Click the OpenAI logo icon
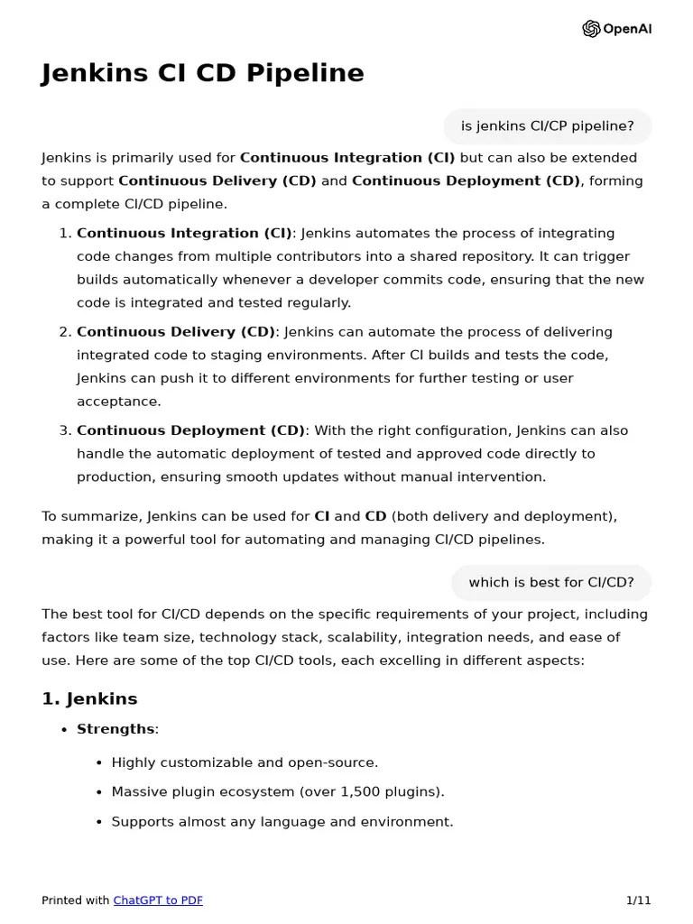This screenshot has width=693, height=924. coord(591,29)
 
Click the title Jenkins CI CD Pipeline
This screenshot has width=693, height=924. coord(203,73)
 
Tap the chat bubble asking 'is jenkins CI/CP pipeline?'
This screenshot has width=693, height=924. coord(547,126)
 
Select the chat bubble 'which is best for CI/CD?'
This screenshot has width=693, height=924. coord(550,583)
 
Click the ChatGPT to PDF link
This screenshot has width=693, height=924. coord(158,901)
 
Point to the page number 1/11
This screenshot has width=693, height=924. coord(638,901)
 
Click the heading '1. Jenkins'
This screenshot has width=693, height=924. coord(89,698)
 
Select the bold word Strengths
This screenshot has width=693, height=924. coord(115,729)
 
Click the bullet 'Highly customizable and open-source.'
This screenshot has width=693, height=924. coord(245,762)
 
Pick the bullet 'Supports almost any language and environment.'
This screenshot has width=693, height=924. coord(282,822)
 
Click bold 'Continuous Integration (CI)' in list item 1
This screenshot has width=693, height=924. coord(184,233)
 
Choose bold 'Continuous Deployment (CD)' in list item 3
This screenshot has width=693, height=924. coord(190,430)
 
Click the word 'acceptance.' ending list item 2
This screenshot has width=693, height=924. coord(106,402)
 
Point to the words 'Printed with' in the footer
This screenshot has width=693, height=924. coord(75,901)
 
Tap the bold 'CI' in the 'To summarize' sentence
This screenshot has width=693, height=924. coord(321,517)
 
